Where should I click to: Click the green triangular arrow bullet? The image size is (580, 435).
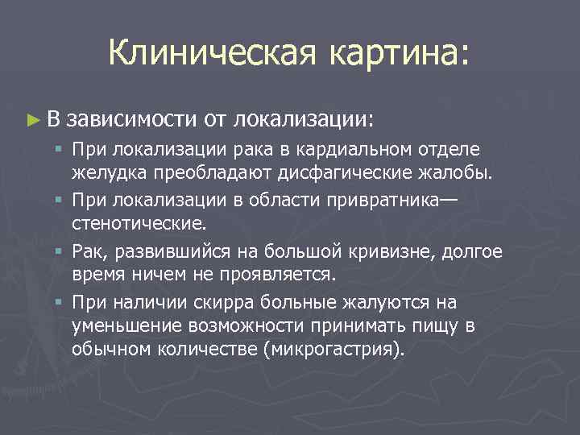[x=32, y=120]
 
